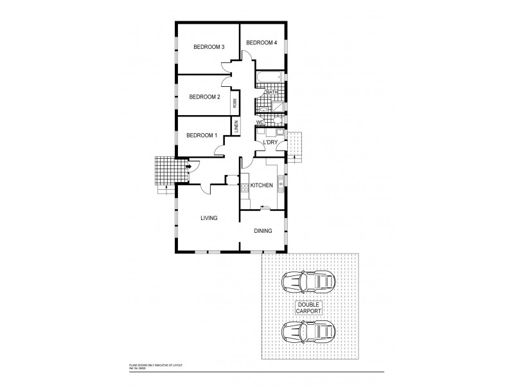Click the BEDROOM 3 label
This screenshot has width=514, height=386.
209,47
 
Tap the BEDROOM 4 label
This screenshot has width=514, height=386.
261,43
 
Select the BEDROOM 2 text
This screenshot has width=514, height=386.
205,97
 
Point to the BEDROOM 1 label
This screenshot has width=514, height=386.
202,135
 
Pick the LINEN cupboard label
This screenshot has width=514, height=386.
236,126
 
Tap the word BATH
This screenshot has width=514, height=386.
272,93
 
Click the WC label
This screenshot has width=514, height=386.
260,122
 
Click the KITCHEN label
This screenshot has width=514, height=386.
261,185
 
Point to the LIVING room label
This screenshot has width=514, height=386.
209,218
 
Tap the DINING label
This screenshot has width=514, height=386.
263,231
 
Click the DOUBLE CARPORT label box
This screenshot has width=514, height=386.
308,307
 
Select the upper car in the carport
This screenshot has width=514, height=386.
308,281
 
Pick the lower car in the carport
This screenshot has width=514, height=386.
308,333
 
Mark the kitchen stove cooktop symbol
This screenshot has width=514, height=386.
245,188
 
